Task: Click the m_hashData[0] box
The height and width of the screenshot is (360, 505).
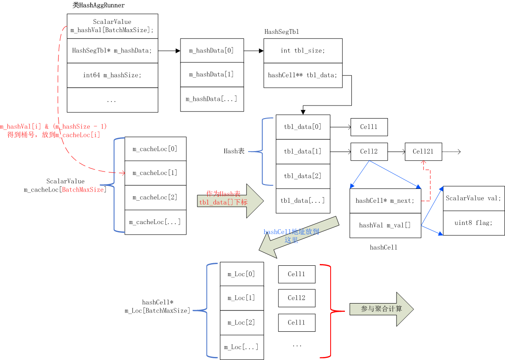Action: coord(211,50)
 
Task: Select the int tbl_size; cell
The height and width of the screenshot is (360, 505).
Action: coord(303,51)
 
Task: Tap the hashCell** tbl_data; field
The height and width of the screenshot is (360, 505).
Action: coord(303,76)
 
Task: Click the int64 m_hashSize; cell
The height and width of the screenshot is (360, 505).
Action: coord(112,75)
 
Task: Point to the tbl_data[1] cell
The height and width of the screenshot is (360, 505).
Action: coord(303,152)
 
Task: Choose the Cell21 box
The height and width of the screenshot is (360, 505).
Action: coord(423,152)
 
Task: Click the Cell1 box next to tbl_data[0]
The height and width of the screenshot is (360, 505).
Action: coord(369,127)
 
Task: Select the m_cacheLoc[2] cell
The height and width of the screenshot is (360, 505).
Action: coord(155,198)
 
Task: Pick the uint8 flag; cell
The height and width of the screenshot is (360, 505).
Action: coord(474,223)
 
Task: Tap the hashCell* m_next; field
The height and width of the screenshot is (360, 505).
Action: coord(385,201)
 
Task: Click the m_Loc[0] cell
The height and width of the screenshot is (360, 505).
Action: coord(242,274)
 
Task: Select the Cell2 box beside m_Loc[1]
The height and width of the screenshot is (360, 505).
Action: coord(297,298)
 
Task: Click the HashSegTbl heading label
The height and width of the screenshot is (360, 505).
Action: coord(282,32)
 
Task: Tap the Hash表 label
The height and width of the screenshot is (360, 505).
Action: coord(234,152)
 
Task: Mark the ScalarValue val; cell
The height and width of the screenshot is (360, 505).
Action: coord(474,198)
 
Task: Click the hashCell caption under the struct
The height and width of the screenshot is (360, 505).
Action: coord(384,248)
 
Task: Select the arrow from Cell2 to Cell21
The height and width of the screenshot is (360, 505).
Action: coord(396,152)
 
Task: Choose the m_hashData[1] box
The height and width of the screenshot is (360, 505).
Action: coord(211,75)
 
